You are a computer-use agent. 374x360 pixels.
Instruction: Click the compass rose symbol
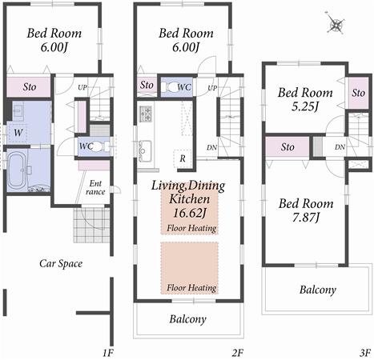pos(336,25)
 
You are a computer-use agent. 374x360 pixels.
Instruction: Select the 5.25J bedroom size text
pos(304,106)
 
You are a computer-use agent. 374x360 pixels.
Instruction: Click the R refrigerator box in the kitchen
pos(183,159)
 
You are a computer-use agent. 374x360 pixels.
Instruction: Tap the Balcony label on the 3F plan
pos(318,290)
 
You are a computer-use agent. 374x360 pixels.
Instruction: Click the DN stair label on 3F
pos(340,147)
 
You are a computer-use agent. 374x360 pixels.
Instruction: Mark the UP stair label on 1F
pos(82,87)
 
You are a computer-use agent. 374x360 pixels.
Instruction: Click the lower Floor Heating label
pos(191,286)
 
